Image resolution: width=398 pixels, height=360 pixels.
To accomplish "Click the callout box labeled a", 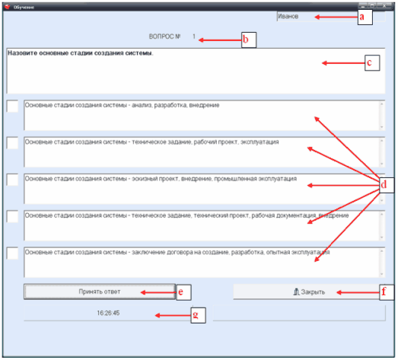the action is click(365, 17).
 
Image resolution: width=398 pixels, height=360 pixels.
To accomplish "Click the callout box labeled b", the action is click(249, 40).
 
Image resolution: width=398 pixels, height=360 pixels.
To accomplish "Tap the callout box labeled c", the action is click(372, 62).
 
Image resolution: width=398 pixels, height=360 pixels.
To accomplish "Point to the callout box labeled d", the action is click(387, 185).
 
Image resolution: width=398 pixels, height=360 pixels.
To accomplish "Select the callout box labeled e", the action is click(183, 292).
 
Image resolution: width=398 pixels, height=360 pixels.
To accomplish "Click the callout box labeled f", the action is click(387, 292).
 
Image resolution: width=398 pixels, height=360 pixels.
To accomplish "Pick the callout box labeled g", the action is click(198, 315).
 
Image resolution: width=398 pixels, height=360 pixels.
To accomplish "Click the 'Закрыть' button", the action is click(308, 292).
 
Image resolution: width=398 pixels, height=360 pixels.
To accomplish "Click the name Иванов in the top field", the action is click(288, 17).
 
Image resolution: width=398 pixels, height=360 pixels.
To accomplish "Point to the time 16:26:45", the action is click(108, 313).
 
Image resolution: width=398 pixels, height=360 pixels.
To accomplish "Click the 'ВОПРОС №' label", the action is click(164, 37).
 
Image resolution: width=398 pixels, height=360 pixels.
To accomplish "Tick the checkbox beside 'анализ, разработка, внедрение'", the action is click(12, 106).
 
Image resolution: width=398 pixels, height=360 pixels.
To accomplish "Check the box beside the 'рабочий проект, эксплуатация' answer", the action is click(12, 143).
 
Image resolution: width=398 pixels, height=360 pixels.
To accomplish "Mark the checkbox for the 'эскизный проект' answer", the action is click(12, 180).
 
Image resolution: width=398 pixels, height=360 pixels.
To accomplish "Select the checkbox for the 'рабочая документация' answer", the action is click(12, 217).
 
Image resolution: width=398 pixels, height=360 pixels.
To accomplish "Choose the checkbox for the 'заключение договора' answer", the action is click(12, 253).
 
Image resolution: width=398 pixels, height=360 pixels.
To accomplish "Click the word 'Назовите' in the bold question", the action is click(22, 53).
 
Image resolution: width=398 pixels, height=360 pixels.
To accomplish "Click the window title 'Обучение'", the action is click(24, 7).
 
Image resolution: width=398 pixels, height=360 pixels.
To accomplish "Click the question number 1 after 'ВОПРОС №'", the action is click(194, 37).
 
